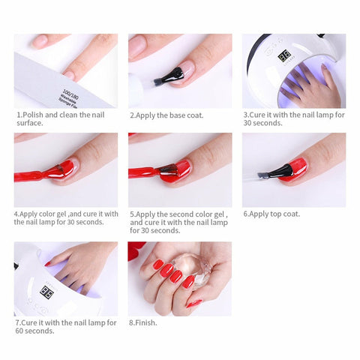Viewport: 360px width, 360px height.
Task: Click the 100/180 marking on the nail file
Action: coord(70,94)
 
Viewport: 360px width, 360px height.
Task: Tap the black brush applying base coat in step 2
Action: coord(169,76)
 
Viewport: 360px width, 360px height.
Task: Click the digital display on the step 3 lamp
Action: coord(284,56)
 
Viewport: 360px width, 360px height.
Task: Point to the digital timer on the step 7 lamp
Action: coord(46,292)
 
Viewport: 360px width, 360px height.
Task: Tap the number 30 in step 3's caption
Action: coord(247,123)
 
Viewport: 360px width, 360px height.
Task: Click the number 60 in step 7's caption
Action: coord(19,331)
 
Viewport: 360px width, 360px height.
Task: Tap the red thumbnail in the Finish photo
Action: coord(194,304)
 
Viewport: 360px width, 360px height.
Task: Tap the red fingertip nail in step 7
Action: coord(47,264)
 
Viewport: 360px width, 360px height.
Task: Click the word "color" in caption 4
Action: coord(52,214)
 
